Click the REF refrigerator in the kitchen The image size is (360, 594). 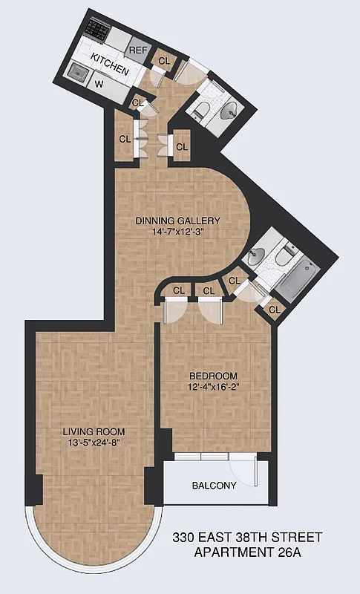[139, 50]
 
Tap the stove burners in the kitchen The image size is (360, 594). [96, 29]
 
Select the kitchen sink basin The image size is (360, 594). [77, 71]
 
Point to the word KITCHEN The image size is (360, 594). [111, 64]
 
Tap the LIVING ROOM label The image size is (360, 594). [94, 431]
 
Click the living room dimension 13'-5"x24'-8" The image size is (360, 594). [94, 443]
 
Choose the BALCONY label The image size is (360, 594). [214, 486]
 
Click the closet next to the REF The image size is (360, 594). [164, 60]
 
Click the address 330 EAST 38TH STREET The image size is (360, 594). [247, 536]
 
